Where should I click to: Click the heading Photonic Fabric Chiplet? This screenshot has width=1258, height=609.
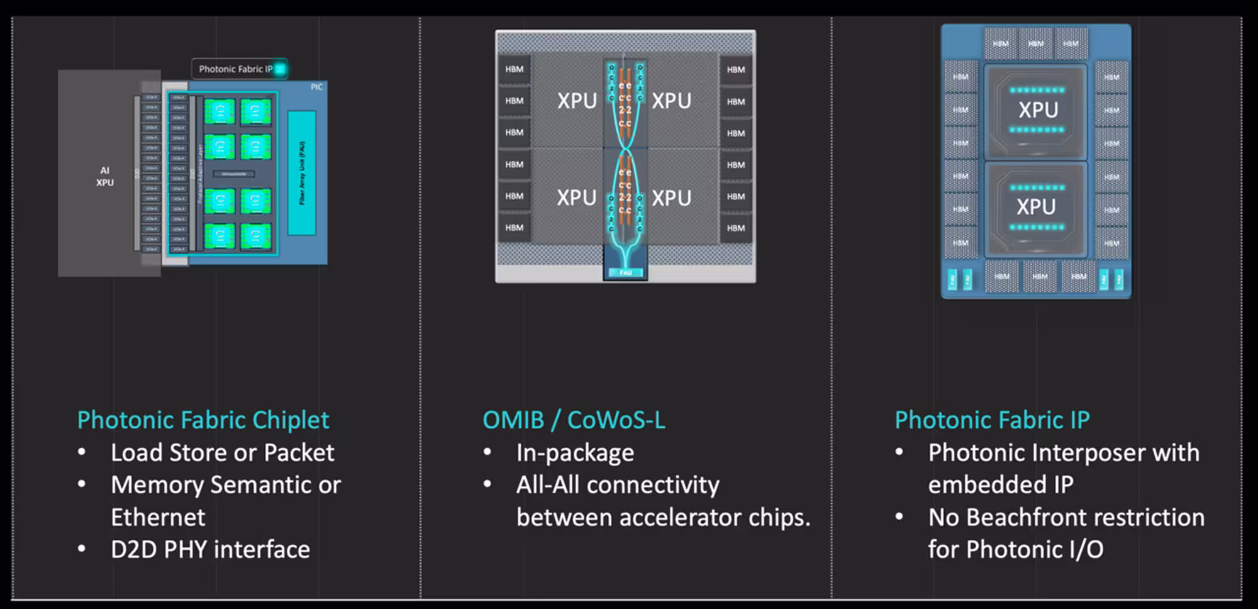point(203,420)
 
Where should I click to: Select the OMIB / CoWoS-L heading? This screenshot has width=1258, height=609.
point(573,420)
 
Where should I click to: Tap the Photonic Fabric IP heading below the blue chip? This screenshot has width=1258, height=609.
point(992,420)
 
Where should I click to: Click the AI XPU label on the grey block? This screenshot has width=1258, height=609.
point(104,176)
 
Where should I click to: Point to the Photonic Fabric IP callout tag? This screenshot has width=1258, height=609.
point(239,69)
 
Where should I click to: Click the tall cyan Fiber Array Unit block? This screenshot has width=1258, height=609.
point(302,173)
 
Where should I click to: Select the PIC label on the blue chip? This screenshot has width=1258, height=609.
point(316,87)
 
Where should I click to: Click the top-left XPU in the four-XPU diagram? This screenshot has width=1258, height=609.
point(576,101)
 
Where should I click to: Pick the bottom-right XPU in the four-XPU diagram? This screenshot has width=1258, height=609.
point(671,198)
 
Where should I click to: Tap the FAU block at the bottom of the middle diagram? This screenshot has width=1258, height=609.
point(625,272)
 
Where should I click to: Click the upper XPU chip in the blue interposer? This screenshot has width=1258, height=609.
point(1038,110)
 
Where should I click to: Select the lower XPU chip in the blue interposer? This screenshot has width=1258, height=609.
point(1036,207)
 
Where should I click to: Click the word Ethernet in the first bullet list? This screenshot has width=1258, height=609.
point(158,518)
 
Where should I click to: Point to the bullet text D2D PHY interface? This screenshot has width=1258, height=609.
point(210,550)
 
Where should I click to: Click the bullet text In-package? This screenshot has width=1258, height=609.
point(575,453)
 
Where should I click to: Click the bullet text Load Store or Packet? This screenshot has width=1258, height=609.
point(222,453)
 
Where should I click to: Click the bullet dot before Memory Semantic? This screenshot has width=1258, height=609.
point(82,484)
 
